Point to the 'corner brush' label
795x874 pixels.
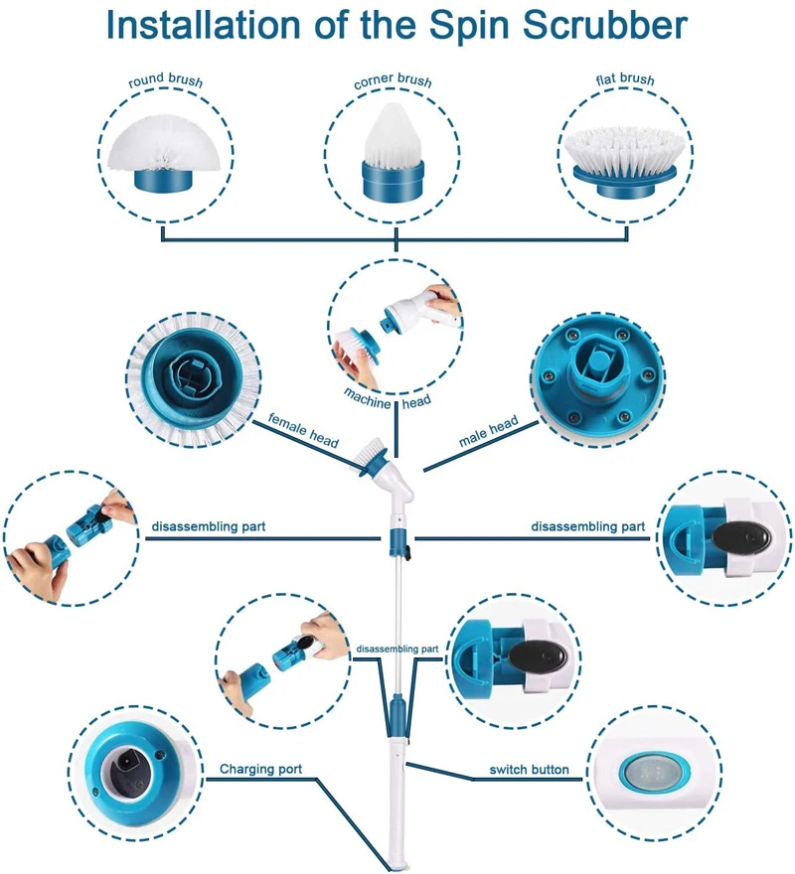point(394,82)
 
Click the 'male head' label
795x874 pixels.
point(488,432)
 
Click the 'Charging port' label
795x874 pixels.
point(260,769)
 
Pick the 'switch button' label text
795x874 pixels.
point(529,770)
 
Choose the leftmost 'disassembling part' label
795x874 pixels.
point(208,524)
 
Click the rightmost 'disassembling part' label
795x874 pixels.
point(587,526)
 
